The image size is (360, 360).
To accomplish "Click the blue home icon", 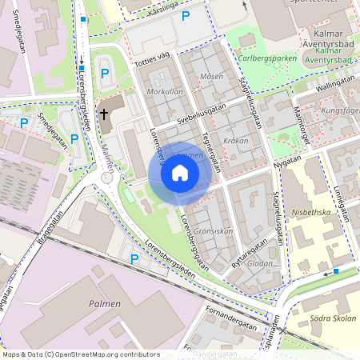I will pyautogui.click(x=180, y=172).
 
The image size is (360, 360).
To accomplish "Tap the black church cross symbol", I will pyautogui.click(x=104, y=114).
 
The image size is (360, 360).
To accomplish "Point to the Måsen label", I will pyautogui.click(x=212, y=76).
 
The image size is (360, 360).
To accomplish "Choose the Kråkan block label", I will pyautogui.click(x=236, y=140).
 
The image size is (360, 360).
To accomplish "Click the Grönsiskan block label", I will pyautogui.click(x=214, y=231).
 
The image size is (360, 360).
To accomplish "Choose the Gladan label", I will pyautogui.click(x=259, y=263).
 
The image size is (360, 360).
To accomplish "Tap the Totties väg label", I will pyautogui.click(x=154, y=58).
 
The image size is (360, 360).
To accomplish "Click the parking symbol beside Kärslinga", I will pyautogui.click(x=186, y=16).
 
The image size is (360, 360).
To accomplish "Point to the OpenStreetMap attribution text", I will pyautogui.click(x=81, y=354).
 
